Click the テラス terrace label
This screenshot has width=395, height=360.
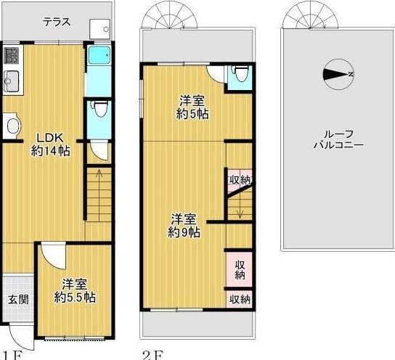57,22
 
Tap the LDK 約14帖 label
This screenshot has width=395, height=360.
50,144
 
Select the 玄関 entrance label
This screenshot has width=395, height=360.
18,300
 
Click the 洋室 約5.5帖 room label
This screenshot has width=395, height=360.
75,291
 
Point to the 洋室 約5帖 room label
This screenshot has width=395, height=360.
192,107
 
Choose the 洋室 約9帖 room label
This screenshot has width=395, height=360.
184,226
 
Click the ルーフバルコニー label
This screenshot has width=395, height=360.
338,140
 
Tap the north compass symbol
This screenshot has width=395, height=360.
338,74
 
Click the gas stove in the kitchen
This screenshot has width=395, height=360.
12,56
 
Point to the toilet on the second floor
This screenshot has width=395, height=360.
240,73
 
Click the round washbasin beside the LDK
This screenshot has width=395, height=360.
14,126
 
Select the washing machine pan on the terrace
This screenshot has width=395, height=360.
100,29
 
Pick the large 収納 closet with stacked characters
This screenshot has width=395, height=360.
240,269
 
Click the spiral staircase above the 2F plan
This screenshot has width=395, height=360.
169,16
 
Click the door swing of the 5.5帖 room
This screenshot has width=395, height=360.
54,255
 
